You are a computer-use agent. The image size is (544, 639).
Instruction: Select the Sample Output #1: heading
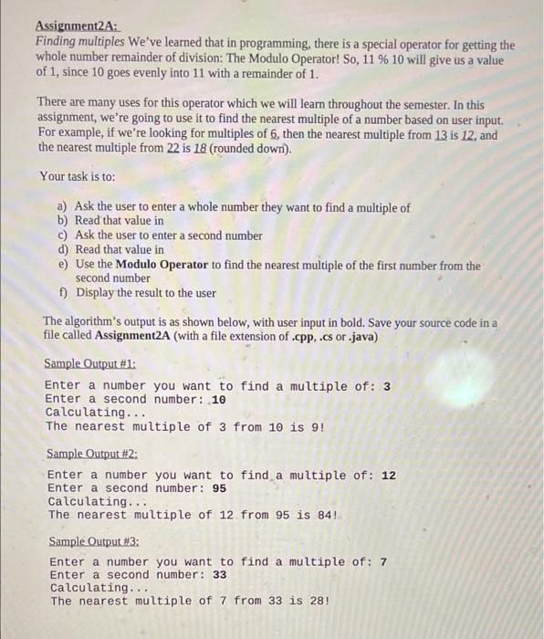(x=90, y=363)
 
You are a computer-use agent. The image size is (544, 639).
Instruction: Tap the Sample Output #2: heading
(x=92, y=453)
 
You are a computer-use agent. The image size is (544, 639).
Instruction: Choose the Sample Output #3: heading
(x=94, y=540)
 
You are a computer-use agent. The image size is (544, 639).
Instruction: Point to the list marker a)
(x=63, y=207)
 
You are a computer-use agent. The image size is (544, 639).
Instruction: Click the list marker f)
(x=63, y=293)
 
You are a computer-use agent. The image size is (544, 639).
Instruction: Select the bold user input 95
(x=219, y=488)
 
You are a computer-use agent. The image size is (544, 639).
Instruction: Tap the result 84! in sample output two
(x=323, y=515)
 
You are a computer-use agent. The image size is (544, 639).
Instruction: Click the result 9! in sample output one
(x=316, y=426)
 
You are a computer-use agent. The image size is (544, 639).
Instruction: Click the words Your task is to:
(x=78, y=176)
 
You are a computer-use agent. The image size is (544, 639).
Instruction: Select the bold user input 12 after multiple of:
(x=388, y=476)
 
